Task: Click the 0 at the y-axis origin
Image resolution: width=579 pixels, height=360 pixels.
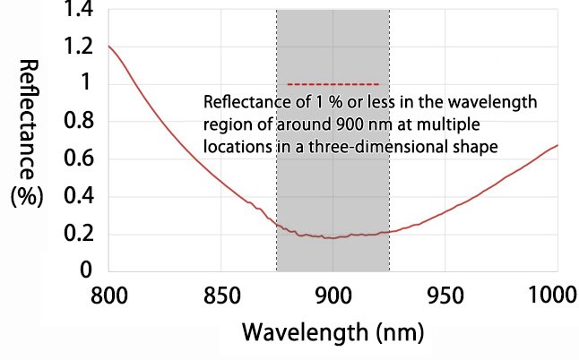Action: coord(87,270)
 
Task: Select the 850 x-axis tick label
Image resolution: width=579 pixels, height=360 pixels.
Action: coord(220,294)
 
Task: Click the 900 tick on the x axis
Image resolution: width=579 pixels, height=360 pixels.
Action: coord(333,294)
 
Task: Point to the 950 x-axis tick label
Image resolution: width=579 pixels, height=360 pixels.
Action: coord(445,294)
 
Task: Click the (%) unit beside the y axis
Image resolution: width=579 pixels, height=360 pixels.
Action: coord(26,196)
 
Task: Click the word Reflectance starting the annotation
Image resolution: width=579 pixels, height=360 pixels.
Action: coord(242,101)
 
